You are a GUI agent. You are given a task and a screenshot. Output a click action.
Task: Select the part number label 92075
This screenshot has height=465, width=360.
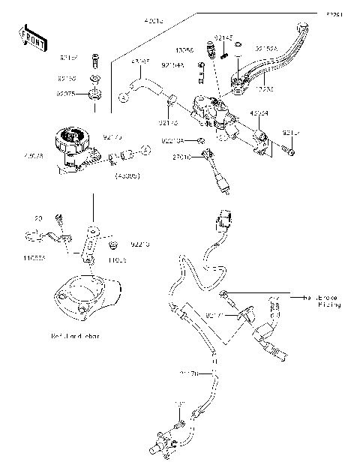pos(69,94)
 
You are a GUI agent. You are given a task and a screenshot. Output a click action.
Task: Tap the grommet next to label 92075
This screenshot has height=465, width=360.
pos(95,94)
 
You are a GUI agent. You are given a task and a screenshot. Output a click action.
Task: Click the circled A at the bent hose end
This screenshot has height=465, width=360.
pos(124,97)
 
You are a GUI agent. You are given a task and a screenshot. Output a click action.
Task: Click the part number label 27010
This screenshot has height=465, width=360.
pos(182,157)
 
